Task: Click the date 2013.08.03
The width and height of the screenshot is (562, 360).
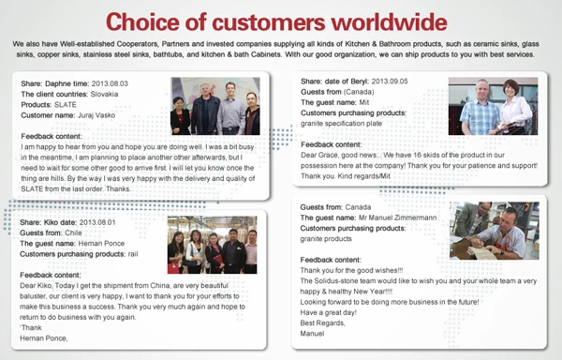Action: [x=111, y=83]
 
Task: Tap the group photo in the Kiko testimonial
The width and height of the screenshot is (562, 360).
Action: [x=212, y=246]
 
